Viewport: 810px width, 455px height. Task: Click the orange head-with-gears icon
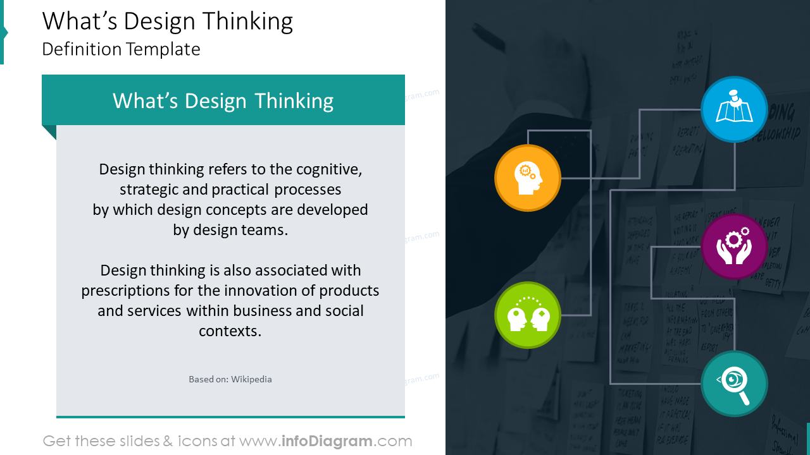click(527, 178)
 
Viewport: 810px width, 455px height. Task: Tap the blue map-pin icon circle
click(734, 109)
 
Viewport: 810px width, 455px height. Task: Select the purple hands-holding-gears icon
click(734, 246)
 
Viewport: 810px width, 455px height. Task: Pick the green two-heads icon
click(527, 315)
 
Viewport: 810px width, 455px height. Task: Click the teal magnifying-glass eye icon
click(734, 384)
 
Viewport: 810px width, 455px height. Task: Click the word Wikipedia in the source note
click(251, 379)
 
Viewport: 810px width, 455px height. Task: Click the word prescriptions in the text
click(120, 291)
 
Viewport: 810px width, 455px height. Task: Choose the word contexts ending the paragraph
click(230, 331)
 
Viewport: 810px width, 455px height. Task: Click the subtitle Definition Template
click(121, 49)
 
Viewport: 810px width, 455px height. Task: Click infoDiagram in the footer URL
click(326, 441)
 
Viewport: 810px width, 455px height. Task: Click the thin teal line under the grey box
click(230, 417)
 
